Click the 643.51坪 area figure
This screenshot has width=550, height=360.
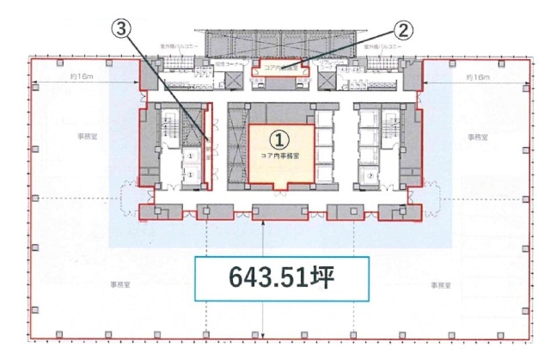[283, 278]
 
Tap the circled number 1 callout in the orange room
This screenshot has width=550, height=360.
[279, 137]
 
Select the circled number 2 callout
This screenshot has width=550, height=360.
[403, 28]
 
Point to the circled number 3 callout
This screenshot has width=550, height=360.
[125, 28]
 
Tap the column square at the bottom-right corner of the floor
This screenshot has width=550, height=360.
[519, 334]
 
